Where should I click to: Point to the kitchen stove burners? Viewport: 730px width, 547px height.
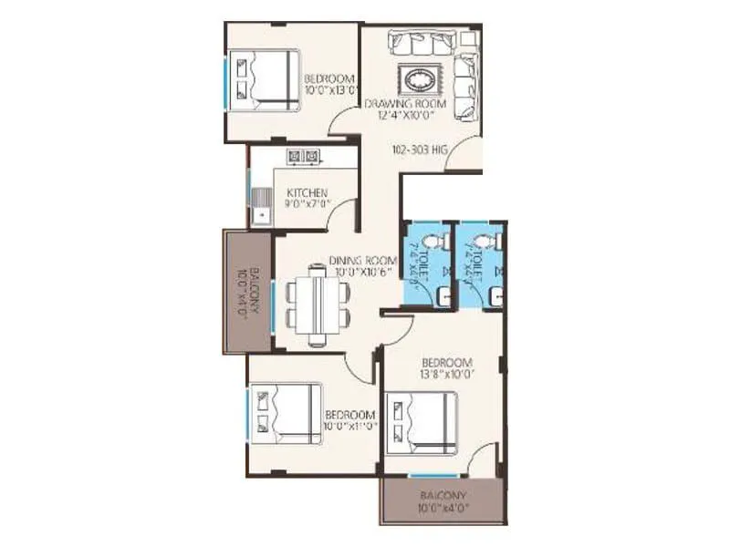[x=303, y=156]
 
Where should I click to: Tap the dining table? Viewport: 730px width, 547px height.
[x=317, y=304]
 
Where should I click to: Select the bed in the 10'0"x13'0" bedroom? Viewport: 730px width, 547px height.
[x=265, y=79]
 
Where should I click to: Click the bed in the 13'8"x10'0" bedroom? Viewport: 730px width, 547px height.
[x=422, y=422]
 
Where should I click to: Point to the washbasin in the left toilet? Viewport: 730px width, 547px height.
[x=442, y=294]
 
